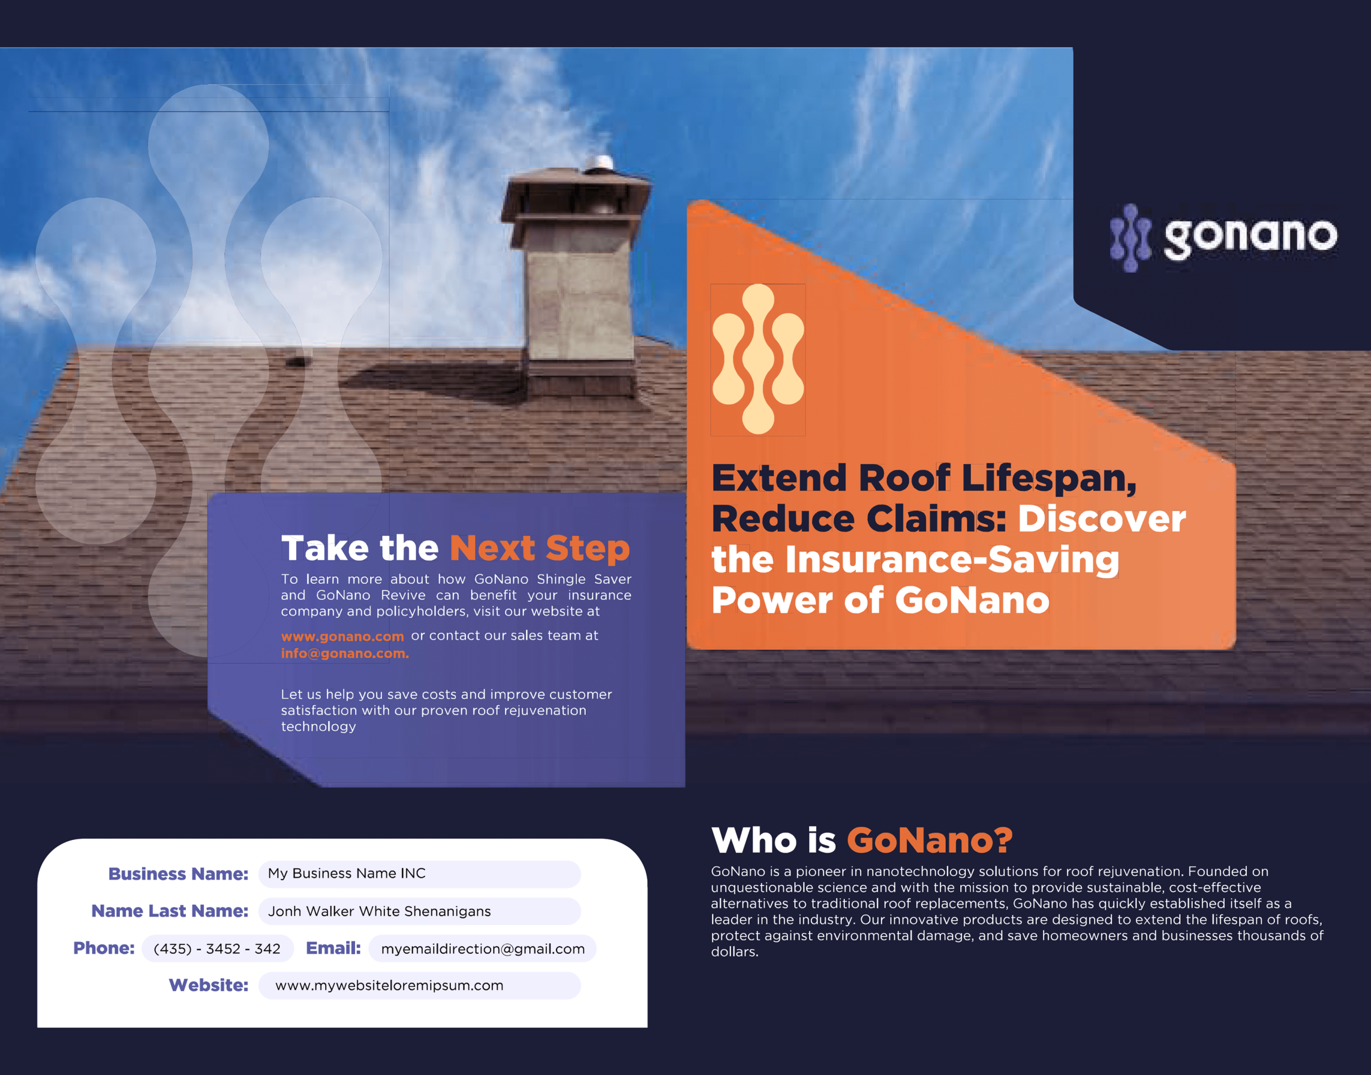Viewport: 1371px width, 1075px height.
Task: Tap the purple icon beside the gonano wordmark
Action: (1130, 238)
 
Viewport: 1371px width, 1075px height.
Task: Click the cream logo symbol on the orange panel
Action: (758, 359)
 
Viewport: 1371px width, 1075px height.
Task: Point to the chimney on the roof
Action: (576, 283)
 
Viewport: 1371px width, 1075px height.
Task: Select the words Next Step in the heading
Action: (539, 547)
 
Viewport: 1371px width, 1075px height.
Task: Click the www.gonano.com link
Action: (342, 636)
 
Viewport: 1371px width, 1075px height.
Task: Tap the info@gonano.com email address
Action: (345, 653)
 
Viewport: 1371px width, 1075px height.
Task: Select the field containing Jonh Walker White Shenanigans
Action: (419, 911)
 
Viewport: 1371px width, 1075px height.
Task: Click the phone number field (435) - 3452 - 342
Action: (217, 949)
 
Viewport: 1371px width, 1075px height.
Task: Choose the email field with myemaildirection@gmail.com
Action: (483, 949)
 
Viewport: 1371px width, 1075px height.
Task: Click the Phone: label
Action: (104, 948)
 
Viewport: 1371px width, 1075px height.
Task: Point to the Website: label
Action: (208, 985)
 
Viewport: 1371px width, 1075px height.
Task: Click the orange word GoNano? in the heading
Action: (929, 840)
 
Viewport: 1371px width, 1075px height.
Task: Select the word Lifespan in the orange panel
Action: (1048, 478)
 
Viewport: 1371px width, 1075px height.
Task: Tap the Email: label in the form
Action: (333, 948)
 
